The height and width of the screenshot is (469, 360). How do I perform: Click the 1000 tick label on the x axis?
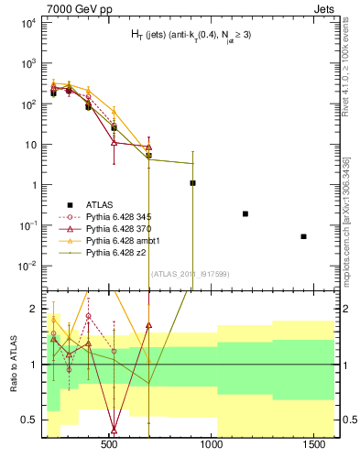click(x=213, y=444)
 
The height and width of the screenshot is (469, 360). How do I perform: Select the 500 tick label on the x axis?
click(x=109, y=444)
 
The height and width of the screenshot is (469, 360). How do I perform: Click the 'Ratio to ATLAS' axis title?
click(x=14, y=365)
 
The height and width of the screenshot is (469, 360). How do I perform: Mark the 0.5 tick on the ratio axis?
click(x=31, y=420)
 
